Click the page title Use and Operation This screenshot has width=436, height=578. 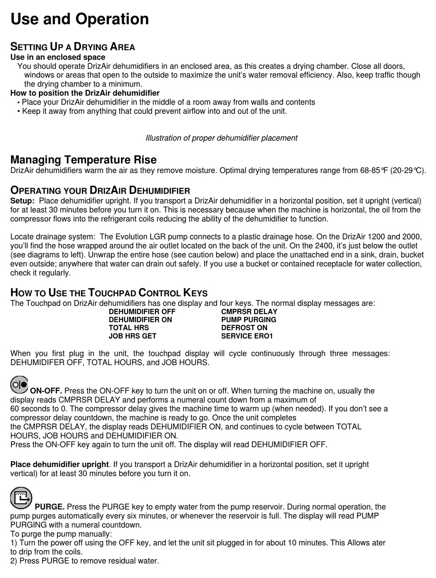click(79, 19)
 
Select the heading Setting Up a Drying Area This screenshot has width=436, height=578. click(73, 47)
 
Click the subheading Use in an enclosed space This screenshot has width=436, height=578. click(58, 57)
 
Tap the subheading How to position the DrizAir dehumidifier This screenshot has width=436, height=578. click(85, 93)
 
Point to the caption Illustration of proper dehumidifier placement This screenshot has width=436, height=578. click(221, 138)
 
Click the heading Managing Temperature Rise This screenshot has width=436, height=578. click(83, 160)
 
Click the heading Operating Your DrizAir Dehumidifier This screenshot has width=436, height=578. click(100, 190)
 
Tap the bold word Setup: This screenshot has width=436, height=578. click(22, 201)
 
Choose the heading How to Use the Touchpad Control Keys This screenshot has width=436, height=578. click(109, 293)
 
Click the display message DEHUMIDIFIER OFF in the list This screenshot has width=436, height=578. click(142, 311)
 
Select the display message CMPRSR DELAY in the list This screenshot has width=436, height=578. click(249, 311)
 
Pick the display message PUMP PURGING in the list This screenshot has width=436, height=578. click(248, 320)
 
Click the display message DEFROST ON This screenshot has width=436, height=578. click(244, 328)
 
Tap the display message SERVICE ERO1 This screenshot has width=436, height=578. click(247, 336)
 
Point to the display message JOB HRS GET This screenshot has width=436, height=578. click(132, 336)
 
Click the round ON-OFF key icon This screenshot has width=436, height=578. click(19, 384)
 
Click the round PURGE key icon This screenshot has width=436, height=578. click(21, 498)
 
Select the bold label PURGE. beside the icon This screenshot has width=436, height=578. click(50, 507)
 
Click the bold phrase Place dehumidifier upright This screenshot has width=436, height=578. click(60, 465)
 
